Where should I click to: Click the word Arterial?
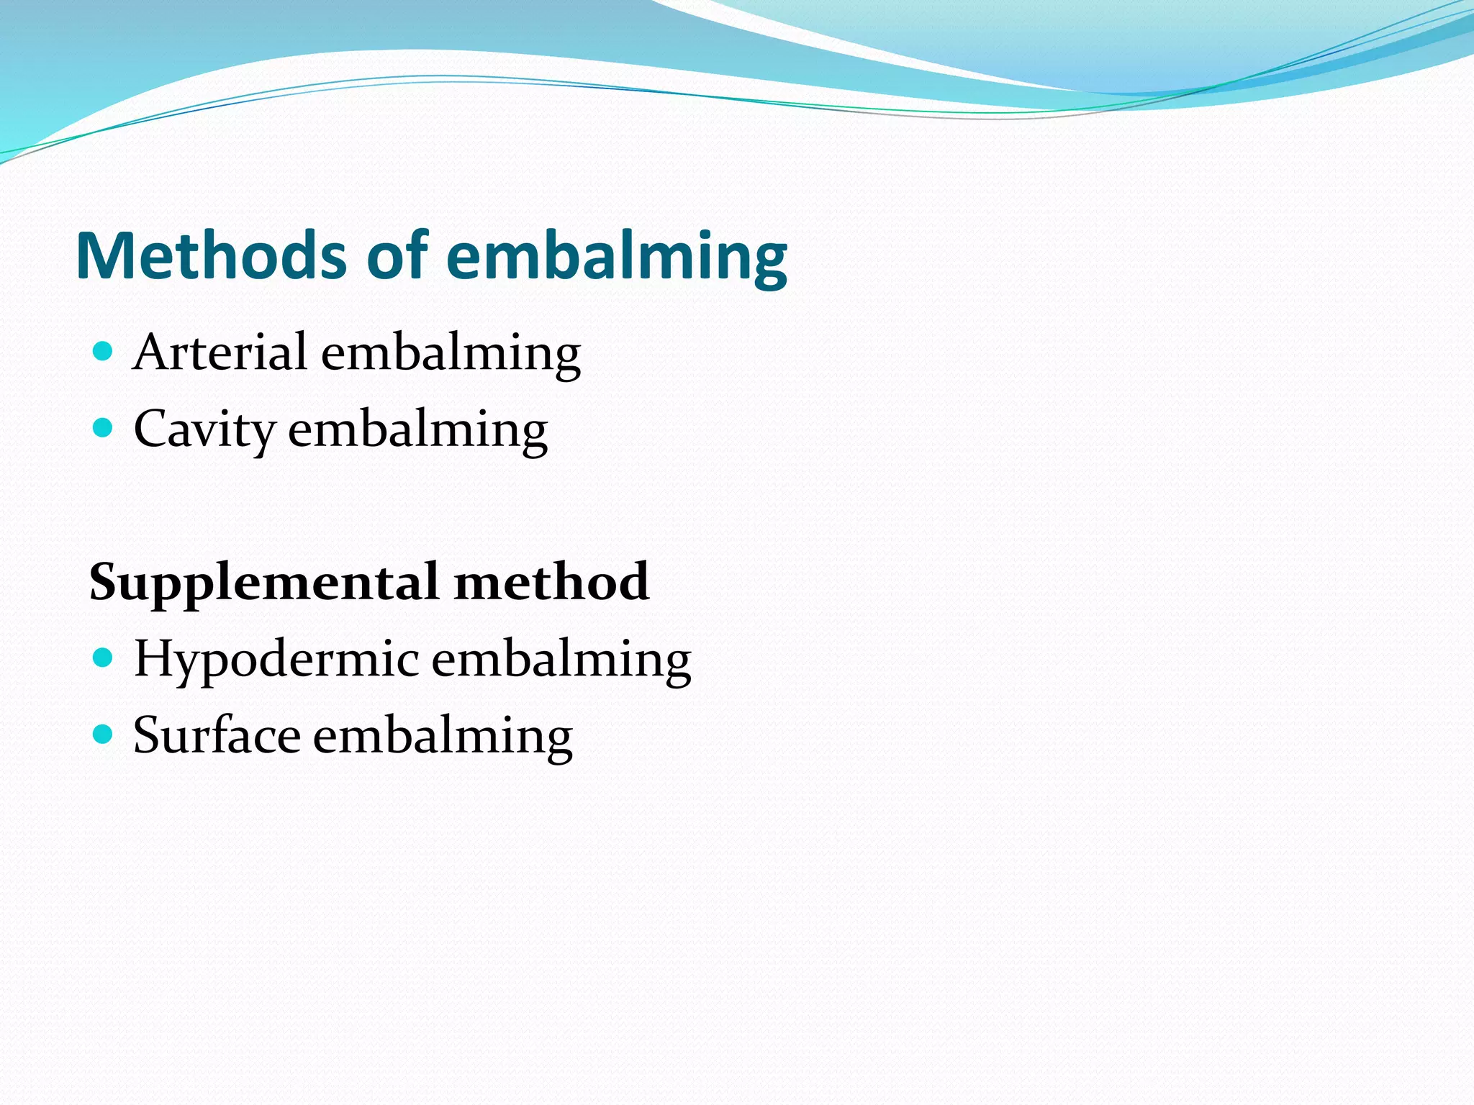tap(220, 353)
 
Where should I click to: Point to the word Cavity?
tap(204, 430)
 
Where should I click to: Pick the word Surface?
tap(217, 736)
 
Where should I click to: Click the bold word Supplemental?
tap(263, 583)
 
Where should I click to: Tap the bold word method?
tap(551, 581)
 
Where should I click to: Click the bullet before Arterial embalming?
tap(104, 351)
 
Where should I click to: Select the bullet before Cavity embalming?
tap(104, 428)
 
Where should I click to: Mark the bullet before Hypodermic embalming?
tap(104, 658)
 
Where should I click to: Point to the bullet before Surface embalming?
tap(104, 734)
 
